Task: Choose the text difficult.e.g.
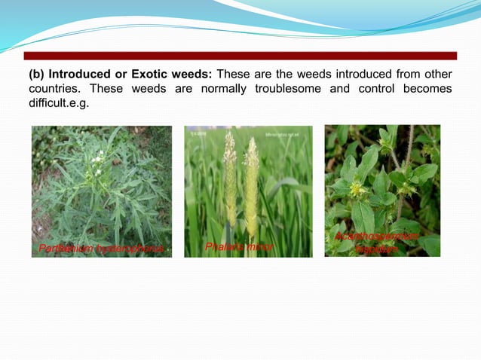[59, 103]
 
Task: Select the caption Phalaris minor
[239, 246]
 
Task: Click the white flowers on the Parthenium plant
[96, 159]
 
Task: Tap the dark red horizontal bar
[240, 56]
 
